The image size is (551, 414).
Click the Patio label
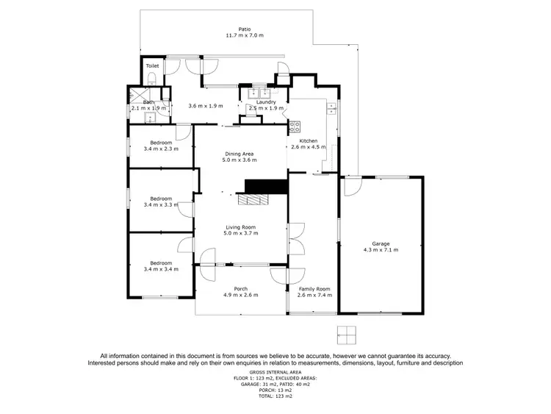234,29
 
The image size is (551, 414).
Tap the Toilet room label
152,66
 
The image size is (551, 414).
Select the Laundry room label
266,102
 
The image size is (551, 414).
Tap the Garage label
381,243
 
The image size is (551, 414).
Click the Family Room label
314,289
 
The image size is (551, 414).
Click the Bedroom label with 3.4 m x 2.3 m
161,142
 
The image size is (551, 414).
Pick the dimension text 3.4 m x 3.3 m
161,204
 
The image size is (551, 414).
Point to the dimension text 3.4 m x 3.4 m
161,269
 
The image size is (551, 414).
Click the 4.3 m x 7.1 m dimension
381,250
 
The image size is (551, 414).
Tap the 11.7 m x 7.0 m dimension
234,36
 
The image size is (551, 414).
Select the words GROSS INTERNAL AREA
275,373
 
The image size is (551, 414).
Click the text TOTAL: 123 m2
275,396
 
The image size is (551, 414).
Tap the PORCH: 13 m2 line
275,390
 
